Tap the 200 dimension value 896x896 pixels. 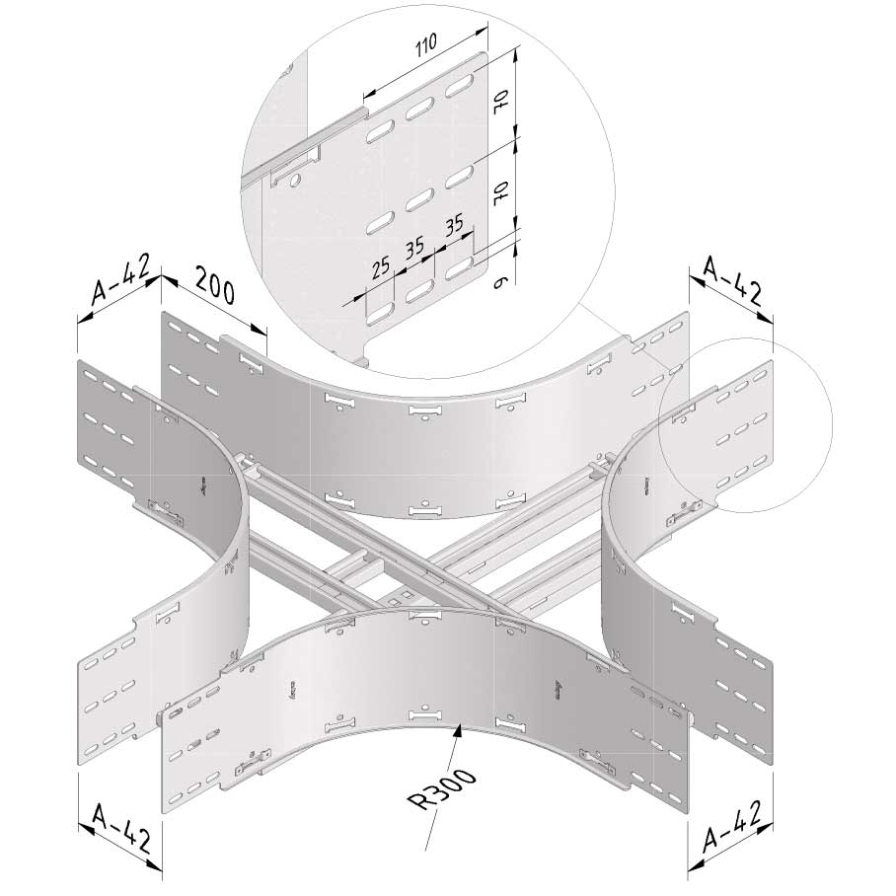click(x=214, y=285)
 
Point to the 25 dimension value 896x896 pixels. click(x=381, y=268)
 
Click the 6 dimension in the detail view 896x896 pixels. click(x=500, y=280)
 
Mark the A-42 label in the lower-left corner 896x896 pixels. click(x=122, y=828)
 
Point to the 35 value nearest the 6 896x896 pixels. click(x=454, y=226)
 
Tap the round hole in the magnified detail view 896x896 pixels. click(x=295, y=181)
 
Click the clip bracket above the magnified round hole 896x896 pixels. click(x=294, y=165)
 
